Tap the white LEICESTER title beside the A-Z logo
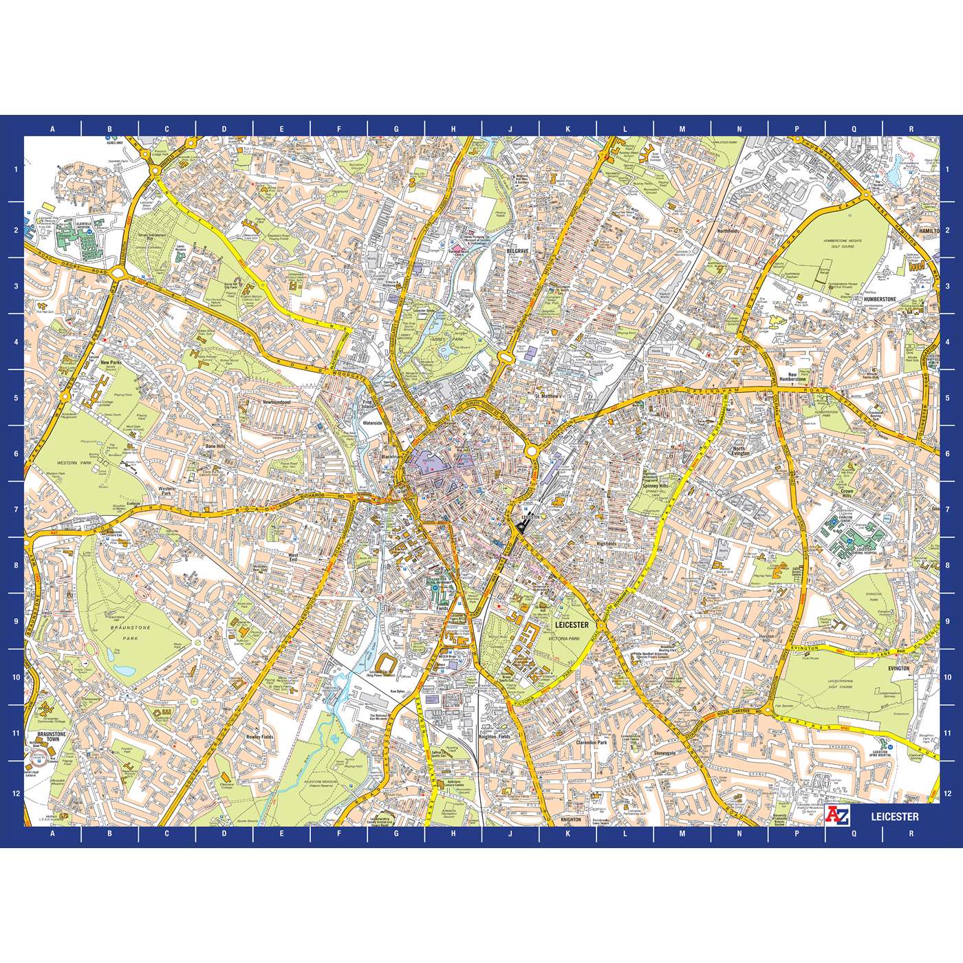point(894,816)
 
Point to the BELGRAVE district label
point(517,252)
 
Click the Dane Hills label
point(215,446)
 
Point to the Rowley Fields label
point(259,737)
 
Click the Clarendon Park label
point(592,743)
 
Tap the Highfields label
point(607,543)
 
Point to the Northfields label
point(728,231)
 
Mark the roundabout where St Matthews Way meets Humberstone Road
point(532,452)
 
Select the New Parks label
point(110,363)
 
